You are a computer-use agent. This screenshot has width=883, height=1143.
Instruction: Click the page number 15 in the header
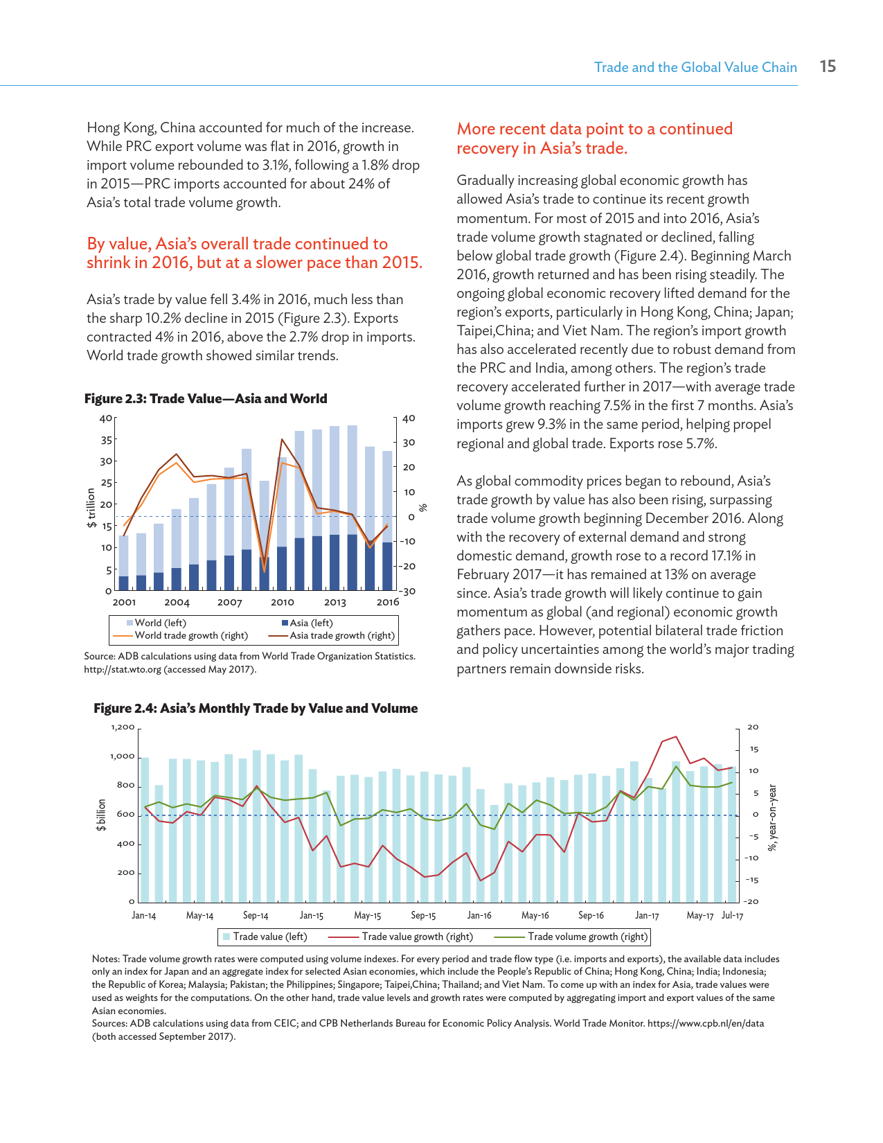(x=828, y=67)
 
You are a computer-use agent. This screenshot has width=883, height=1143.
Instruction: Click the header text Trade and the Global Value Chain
(x=695, y=67)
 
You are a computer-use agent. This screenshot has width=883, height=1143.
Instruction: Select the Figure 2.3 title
(x=206, y=399)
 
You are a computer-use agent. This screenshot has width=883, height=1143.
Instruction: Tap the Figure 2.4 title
(x=256, y=709)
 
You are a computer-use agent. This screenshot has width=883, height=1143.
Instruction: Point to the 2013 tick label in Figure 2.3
(x=335, y=603)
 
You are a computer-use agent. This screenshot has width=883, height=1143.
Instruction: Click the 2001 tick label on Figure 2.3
(x=124, y=603)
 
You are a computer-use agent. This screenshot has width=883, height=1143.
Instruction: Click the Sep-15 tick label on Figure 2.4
(x=423, y=916)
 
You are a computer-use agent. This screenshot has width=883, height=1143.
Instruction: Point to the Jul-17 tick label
(x=732, y=916)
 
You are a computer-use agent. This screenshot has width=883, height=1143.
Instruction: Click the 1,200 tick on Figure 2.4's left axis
(x=123, y=727)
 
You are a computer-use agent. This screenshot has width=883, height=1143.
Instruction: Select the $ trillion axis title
(x=91, y=508)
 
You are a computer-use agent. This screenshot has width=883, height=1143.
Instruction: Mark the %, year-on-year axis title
(x=773, y=818)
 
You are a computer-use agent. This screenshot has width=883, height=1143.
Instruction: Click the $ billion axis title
(x=102, y=815)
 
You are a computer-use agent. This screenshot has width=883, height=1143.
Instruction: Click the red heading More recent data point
(x=594, y=139)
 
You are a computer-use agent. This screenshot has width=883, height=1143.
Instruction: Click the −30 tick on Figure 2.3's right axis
(x=408, y=592)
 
